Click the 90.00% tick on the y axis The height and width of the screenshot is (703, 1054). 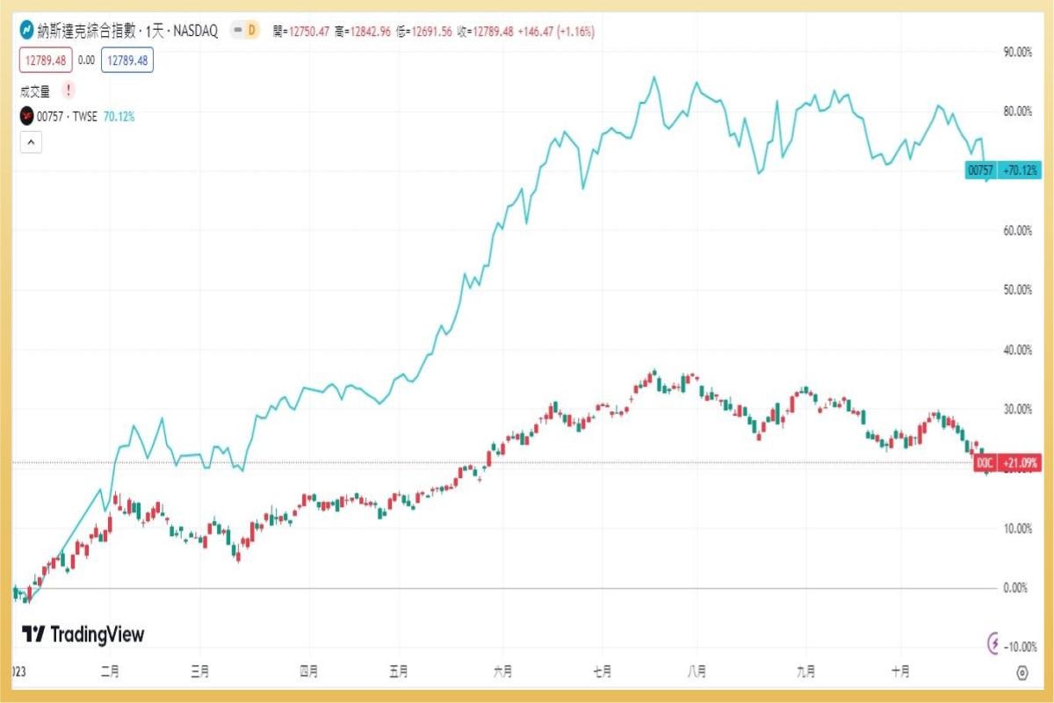pyautogui.click(x=1017, y=52)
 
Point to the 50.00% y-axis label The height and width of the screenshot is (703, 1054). pyautogui.click(x=1017, y=290)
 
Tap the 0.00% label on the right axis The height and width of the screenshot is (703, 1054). pyautogui.click(x=1015, y=588)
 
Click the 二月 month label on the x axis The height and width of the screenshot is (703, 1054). pyautogui.click(x=110, y=672)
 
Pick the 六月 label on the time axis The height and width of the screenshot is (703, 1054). pyautogui.click(x=502, y=672)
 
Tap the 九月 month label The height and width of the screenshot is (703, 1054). pyautogui.click(x=805, y=672)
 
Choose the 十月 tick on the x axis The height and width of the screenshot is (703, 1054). pyautogui.click(x=900, y=672)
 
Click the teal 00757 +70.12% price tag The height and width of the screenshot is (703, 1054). pyautogui.click(x=1002, y=170)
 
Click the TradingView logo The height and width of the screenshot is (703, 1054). pyautogui.click(x=83, y=634)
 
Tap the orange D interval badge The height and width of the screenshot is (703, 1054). pyautogui.click(x=251, y=31)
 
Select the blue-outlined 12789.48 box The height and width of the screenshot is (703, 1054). pyautogui.click(x=127, y=61)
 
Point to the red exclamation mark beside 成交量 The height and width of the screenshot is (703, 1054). pyautogui.click(x=69, y=90)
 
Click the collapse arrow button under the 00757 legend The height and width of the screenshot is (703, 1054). pyautogui.click(x=31, y=141)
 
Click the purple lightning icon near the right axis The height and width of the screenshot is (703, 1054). pyautogui.click(x=994, y=643)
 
